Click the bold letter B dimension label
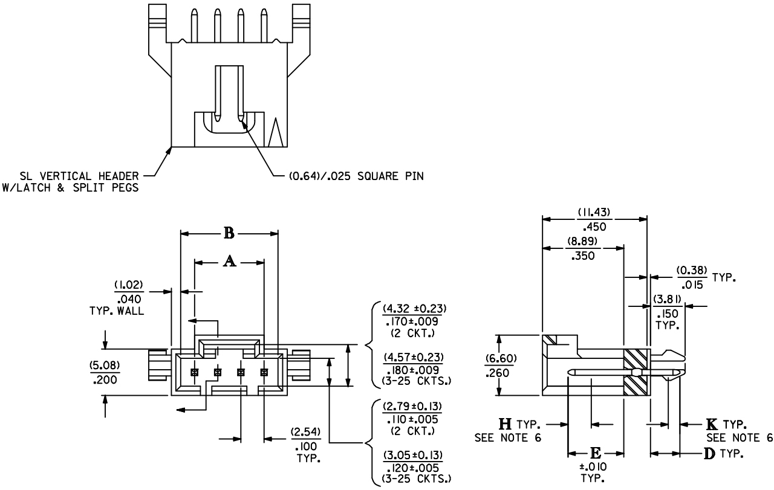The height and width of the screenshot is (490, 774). coord(229,233)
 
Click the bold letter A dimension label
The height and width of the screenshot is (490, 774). coord(229,261)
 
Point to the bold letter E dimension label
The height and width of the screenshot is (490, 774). coord(596,453)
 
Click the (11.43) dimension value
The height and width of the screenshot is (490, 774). coord(594,213)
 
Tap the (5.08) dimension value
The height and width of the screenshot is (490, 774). coord(106,365)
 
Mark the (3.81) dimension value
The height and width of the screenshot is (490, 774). coord(667,298)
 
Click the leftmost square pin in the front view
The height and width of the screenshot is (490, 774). coord(195,372)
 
